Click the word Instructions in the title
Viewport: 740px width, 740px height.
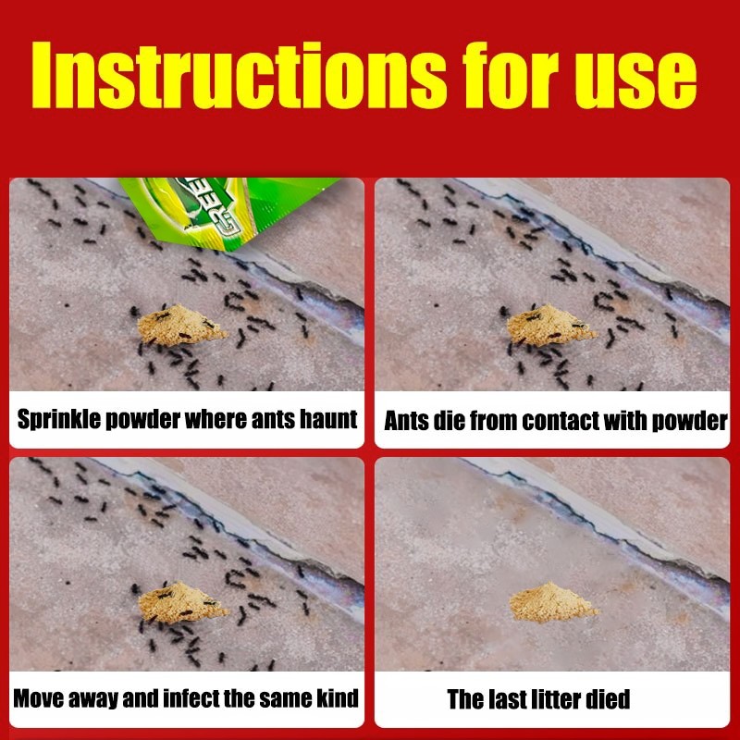tap(239, 76)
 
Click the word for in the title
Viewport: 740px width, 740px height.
tap(511, 76)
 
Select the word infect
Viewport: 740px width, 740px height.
tap(190, 698)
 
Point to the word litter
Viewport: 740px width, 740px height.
tap(556, 699)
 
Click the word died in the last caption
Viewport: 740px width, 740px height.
tap(608, 699)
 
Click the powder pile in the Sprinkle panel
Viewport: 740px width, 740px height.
tap(181, 325)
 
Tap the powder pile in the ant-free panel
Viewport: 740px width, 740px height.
tap(551, 602)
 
